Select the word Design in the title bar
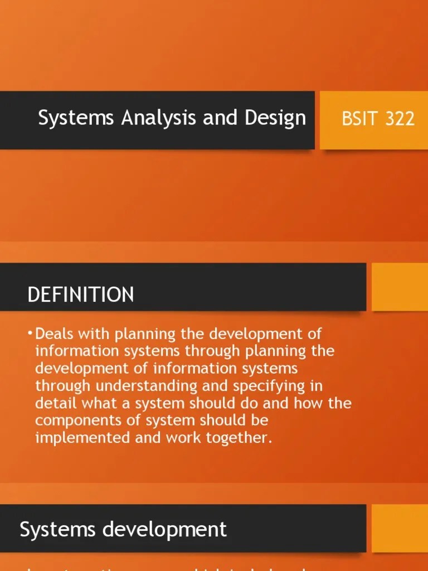pyautogui.click(x=275, y=118)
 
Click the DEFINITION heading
pyautogui.click(x=81, y=294)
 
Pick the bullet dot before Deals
pyautogui.click(x=30, y=334)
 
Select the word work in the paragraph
pyautogui.click(x=182, y=437)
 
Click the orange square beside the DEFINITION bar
pyautogui.click(x=400, y=287)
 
